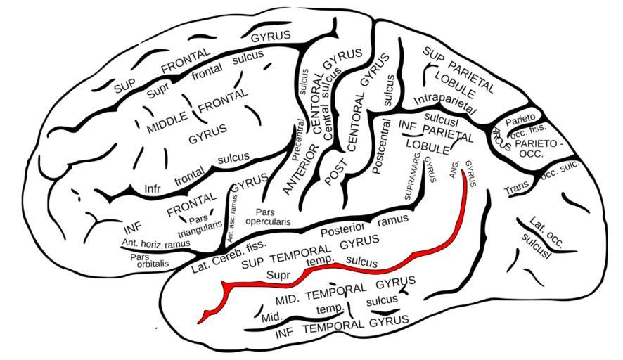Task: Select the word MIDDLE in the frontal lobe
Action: [167, 122]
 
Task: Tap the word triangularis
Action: [200, 229]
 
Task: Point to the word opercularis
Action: [268, 221]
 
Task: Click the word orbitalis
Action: [153, 264]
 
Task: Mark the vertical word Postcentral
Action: [380, 146]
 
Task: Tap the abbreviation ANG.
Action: [455, 169]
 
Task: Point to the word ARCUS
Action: [502, 139]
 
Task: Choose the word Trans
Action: [517, 188]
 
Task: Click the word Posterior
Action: [343, 230]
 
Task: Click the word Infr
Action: [152, 188]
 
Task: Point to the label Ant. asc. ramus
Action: [233, 218]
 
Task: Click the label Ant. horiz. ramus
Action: [156, 243]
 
